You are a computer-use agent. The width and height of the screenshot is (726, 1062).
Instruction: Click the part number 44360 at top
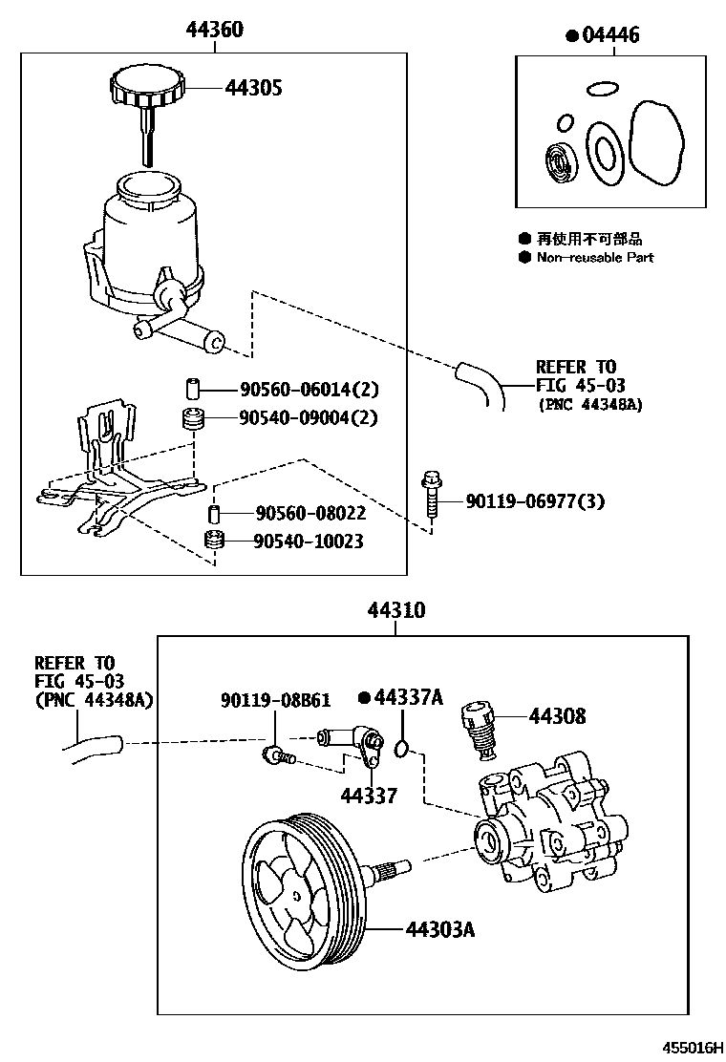[214, 30]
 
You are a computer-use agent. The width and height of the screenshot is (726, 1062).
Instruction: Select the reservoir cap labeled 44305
[146, 88]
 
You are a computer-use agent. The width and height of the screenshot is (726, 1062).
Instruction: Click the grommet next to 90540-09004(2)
[194, 418]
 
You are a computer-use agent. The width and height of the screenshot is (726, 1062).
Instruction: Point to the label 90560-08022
[297, 514]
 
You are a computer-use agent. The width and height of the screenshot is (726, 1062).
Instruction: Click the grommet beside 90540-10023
[216, 542]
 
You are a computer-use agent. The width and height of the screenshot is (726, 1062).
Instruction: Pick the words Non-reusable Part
[594, 258]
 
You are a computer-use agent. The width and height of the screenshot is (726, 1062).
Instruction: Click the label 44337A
[408, 697]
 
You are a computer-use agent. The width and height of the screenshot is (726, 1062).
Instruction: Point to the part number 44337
[369, 796]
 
